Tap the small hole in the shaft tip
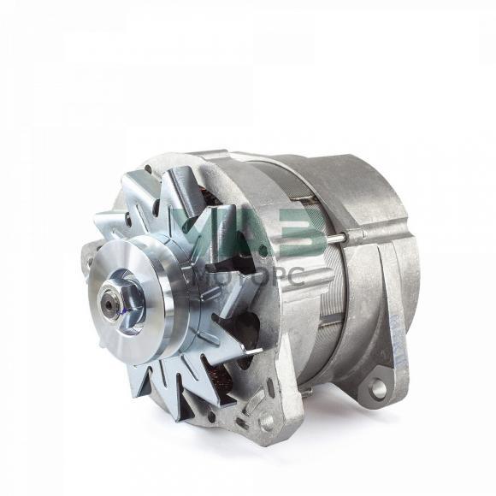pyautogui.click(x=109, y=304)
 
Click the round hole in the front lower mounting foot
pyautogui.click(x=266, y=422)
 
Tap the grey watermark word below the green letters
pyautogui.click(x=250, y=278)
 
